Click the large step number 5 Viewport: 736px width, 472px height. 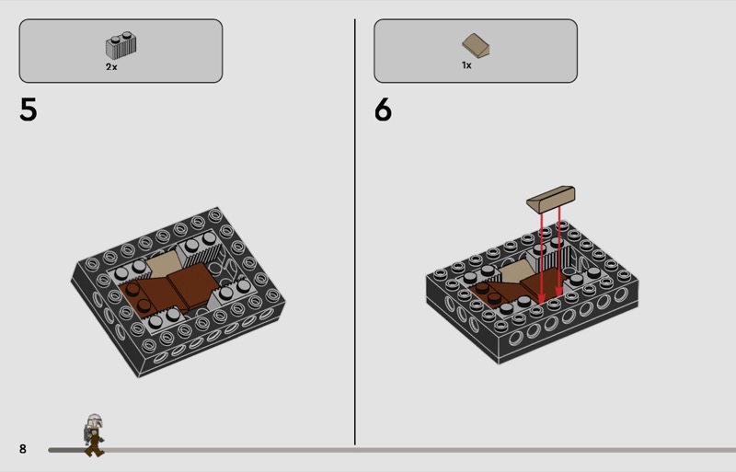[29, 109]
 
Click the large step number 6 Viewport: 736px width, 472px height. [383, 109]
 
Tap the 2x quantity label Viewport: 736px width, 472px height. [111, 66]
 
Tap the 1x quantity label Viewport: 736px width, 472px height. [466, 65]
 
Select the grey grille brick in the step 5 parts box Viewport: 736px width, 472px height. [121, 45]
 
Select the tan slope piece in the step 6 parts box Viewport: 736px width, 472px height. [476, 45]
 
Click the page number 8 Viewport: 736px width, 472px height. [22, 449]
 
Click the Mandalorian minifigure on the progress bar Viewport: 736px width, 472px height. [94, 435]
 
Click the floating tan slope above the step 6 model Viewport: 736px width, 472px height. [551, 199]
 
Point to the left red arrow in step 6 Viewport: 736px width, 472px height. [541, 259]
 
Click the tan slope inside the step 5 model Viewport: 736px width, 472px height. [164, 263]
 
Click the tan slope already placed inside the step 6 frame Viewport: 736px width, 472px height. [515, 271]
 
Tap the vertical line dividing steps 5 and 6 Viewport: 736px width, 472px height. [355, 232]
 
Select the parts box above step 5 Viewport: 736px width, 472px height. [121, 51]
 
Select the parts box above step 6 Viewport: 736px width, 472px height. [476, 51]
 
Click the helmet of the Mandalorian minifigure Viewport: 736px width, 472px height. [95, 420]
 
